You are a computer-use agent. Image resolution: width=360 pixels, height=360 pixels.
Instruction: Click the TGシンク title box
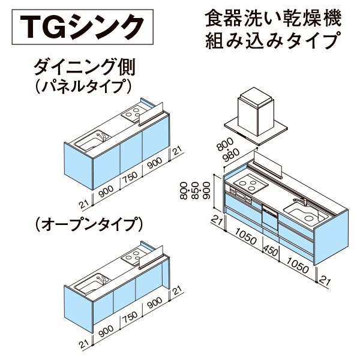click(82, 27)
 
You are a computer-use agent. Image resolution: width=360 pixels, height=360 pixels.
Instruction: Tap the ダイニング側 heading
click(85, 67)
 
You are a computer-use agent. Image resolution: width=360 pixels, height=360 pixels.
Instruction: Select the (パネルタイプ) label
click(83, 86)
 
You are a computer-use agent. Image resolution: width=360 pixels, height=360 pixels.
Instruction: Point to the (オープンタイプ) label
click(89, 224)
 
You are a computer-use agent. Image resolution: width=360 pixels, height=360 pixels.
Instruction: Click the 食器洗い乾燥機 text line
click(273, 18)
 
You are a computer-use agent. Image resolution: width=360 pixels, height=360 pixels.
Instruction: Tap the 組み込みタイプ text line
click(273, 41)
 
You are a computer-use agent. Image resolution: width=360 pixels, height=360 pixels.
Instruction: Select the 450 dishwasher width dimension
click(271, 251)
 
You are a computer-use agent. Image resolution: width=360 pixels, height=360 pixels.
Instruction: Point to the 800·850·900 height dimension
click(195, 191)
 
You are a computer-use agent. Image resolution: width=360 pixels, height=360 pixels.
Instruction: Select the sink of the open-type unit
click(92, 284)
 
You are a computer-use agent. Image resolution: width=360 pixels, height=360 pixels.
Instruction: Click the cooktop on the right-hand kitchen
click(251, 184)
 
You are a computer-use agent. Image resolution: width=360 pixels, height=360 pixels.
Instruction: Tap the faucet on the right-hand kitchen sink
click(301, 201)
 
